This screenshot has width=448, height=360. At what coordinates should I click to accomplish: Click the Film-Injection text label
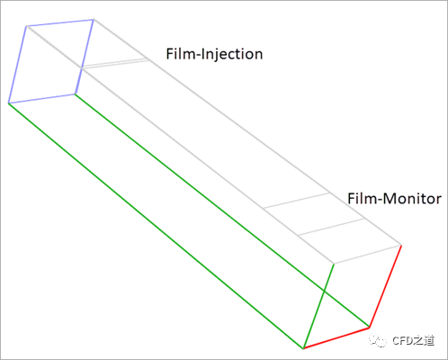pos(214,54)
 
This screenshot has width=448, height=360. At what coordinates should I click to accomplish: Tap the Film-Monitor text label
pos(394,199)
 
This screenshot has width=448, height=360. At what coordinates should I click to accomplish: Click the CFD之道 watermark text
pos(413,340)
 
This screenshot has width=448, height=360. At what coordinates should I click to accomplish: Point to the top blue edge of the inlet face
pos(60,22)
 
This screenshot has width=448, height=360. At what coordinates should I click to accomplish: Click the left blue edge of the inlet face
pos(17,65)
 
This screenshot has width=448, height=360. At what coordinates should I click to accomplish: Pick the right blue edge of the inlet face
pos(85,57)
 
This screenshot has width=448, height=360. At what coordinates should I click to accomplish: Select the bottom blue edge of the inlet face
pos(41,99)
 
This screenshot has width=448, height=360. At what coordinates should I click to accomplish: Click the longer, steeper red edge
pos(385,286)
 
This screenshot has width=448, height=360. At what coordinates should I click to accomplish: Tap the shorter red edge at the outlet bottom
pos(336,338)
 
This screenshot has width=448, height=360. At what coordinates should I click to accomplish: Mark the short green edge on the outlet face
pos(318,306)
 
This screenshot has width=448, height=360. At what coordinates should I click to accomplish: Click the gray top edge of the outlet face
pos(368,255)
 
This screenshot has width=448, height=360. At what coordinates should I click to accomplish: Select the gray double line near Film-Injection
pos(115,64)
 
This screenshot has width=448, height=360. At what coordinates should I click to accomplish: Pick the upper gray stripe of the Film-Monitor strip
pos(297,200)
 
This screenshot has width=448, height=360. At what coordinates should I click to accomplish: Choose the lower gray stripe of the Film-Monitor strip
pos(331,227)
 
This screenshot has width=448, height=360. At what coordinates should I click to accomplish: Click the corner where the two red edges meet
pos(369,328)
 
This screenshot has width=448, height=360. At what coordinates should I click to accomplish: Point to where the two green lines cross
pos(324,291)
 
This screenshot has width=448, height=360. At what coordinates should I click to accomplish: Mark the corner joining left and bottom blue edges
pos(8,103)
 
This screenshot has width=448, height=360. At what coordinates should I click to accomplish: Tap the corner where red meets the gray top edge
pos(401,246)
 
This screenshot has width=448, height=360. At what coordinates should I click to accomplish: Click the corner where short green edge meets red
pos(303,348)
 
